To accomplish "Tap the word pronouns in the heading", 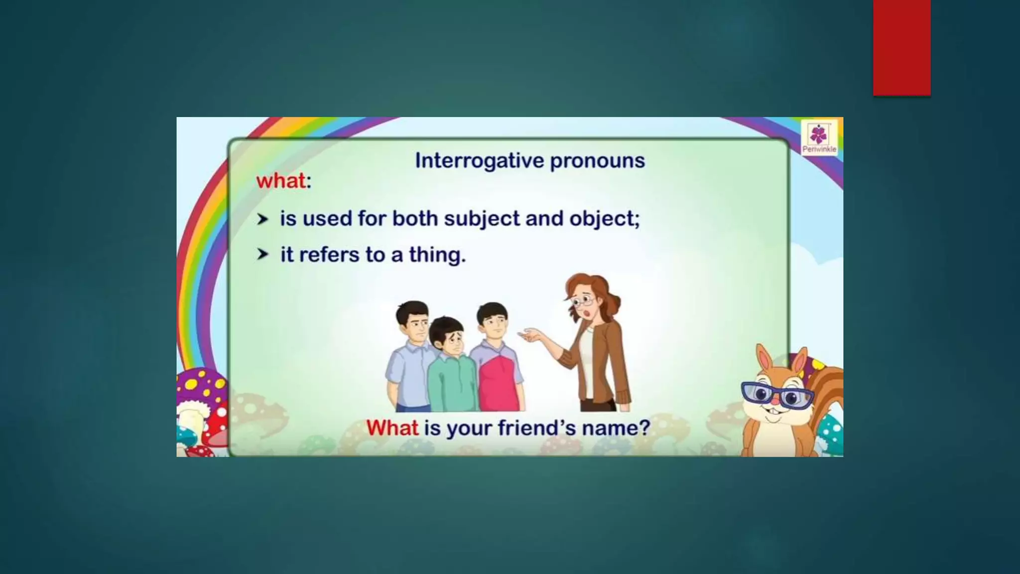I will pyautogui.click(x=597, y=161).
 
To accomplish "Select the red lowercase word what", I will pyautogui.click(x=280, y=180).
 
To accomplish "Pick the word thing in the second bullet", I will pyautogui.click(x=437, y=255).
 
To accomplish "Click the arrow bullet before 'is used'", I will pyautogui.click(x=262, y=219).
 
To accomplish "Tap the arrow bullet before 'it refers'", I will pyautogui.click(x=262, y=255).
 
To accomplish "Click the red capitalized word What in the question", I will pyautogui.click(x=392, y=428).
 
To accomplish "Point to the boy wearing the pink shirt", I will pyautogui.click(x=496, y=369).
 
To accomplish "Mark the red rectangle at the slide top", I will pyautogui.click(x=901, y=47).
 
